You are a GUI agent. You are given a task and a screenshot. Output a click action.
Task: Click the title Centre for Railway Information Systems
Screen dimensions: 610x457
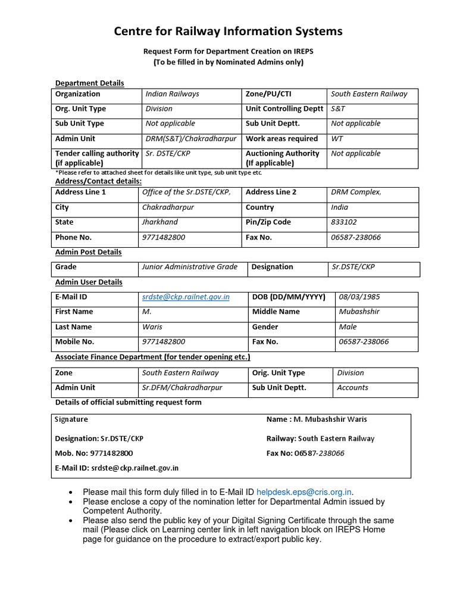228,31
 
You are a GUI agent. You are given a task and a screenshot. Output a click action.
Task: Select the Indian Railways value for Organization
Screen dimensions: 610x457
173,94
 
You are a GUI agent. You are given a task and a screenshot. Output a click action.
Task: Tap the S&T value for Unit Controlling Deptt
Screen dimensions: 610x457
337,109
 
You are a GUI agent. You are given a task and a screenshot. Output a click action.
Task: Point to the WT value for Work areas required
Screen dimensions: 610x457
337,139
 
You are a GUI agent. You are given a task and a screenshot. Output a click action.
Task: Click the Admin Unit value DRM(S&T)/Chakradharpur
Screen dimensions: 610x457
191,139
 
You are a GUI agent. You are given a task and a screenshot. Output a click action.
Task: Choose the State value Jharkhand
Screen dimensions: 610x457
159,222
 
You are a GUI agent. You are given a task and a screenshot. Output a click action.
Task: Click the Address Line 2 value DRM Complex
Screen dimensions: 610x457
356,192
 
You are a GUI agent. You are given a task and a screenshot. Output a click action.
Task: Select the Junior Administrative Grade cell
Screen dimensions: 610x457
189,267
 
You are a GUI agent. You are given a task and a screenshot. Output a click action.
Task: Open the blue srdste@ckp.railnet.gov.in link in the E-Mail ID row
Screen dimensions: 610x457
186,297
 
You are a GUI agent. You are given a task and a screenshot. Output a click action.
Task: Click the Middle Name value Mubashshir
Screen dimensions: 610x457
359,312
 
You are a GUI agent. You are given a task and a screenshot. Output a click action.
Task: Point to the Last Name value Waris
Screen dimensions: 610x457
152,327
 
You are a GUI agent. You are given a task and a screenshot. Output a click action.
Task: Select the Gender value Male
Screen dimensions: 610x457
348,327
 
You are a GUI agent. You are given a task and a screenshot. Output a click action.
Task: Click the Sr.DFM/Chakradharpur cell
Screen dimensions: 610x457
182,388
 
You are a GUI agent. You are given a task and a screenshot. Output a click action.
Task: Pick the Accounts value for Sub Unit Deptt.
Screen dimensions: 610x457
352,388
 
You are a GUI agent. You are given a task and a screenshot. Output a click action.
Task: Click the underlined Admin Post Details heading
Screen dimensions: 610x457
88,253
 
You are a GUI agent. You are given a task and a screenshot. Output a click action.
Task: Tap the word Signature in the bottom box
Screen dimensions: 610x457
71,419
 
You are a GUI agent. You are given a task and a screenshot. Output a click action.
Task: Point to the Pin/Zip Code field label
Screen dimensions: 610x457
268,222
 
